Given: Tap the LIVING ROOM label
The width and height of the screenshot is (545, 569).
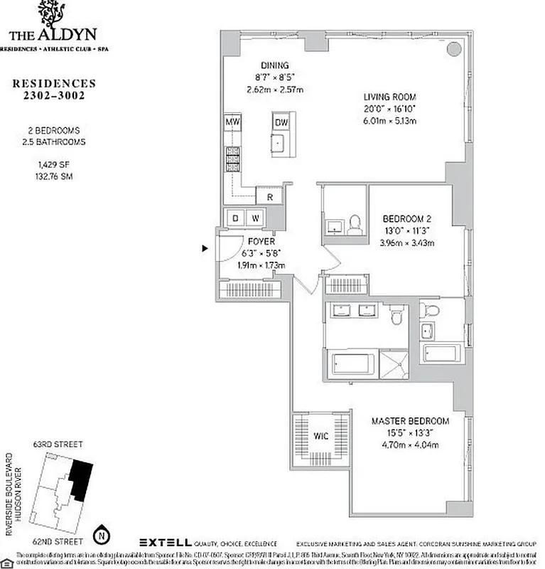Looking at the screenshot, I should pos(389,97).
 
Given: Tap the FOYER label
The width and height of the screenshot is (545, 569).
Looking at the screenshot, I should pos(261,241).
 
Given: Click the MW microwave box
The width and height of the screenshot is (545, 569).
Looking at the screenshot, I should pos(232,122).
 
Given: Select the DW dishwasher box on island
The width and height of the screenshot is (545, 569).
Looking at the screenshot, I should pos(281,122).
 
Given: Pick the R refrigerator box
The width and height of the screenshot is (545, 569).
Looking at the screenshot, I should pos(270,197).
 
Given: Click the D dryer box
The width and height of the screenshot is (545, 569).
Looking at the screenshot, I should pos(235,217).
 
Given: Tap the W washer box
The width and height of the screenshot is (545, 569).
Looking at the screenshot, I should pos(255,217).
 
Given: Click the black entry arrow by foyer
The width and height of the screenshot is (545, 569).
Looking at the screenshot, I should pos(205,248).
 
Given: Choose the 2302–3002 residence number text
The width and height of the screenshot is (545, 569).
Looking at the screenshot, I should pos(53,96).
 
